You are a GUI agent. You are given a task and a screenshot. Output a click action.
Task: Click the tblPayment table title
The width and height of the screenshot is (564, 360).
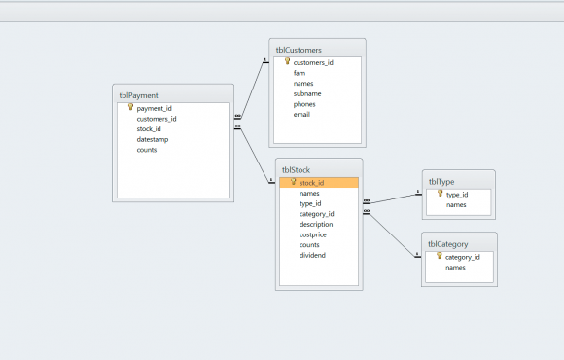point(138,95)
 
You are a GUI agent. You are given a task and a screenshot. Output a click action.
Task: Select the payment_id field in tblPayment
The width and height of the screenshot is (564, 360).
point(154,108)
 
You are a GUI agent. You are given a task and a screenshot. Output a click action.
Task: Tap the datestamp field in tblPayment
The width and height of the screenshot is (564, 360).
point(152,139)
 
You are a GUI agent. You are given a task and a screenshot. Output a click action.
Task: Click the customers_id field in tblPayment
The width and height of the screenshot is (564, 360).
point(157,119)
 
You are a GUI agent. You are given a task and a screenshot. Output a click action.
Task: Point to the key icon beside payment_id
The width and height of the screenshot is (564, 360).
point(130,107)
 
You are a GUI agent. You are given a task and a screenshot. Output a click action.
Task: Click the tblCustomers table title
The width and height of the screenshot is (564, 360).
point(299,50)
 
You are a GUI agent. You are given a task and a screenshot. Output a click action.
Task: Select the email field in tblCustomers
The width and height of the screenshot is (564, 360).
point(301,115)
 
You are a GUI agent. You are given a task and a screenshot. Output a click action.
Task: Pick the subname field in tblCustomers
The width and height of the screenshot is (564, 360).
point(307,93)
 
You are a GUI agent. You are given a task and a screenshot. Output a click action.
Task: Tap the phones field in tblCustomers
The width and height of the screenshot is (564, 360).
point(304,104)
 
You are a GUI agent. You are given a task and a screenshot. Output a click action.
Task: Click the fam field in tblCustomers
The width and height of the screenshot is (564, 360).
point(300,73)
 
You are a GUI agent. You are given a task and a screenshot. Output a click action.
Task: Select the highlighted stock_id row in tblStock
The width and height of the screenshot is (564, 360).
point(319,183)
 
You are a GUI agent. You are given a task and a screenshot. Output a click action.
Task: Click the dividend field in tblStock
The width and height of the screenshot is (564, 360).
point(312,255)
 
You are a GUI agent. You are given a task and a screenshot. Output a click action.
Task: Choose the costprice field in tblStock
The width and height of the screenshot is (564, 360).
point(312,234)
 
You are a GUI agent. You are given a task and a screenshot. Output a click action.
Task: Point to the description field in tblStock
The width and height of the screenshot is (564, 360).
point(316,225)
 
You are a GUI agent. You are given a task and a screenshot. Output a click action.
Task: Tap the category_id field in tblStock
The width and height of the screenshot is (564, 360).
point(317,214)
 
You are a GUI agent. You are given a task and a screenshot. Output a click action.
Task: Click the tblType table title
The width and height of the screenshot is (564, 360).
point(441,182)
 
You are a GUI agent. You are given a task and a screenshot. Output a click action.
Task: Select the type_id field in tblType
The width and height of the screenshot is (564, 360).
point(457,195)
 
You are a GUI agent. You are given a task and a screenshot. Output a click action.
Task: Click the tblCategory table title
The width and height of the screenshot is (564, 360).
point(448,244)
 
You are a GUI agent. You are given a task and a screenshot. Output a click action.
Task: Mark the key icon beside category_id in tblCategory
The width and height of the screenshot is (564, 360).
point(440,256)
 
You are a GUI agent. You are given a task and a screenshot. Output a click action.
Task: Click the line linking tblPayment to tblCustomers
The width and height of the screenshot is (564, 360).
point(252,90)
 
